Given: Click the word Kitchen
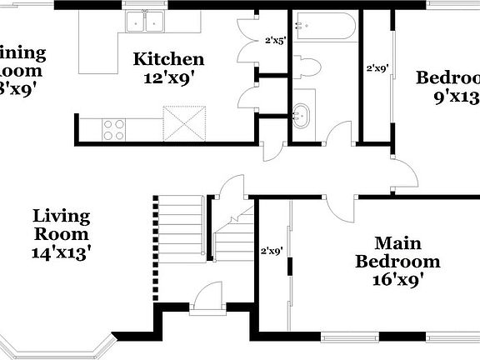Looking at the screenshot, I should [x=168, y=59].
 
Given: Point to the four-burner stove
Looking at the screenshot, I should [x=113, y=129].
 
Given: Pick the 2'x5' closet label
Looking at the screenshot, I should [x=275, y=39].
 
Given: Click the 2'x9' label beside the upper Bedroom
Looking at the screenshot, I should [x=377, y=69].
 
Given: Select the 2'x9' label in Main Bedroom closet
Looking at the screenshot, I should [x=272, y=249].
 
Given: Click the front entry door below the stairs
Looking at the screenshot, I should [x=207, y=300].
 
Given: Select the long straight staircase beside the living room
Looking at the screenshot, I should [x=181, y=225].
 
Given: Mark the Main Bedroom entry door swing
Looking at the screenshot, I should [x=342, y=206].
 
